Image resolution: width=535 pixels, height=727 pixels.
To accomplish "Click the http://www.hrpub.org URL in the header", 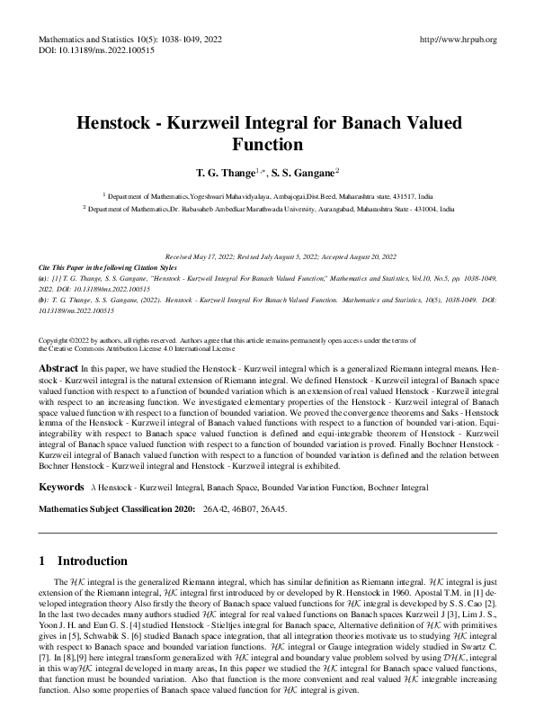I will (x=458, y=40).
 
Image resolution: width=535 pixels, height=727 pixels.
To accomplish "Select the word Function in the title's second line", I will (x=267, y=143).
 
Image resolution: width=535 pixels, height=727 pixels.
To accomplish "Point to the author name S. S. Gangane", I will (x=303, y=171).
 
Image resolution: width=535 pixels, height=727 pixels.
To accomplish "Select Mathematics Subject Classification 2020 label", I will (x=118, y=510).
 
